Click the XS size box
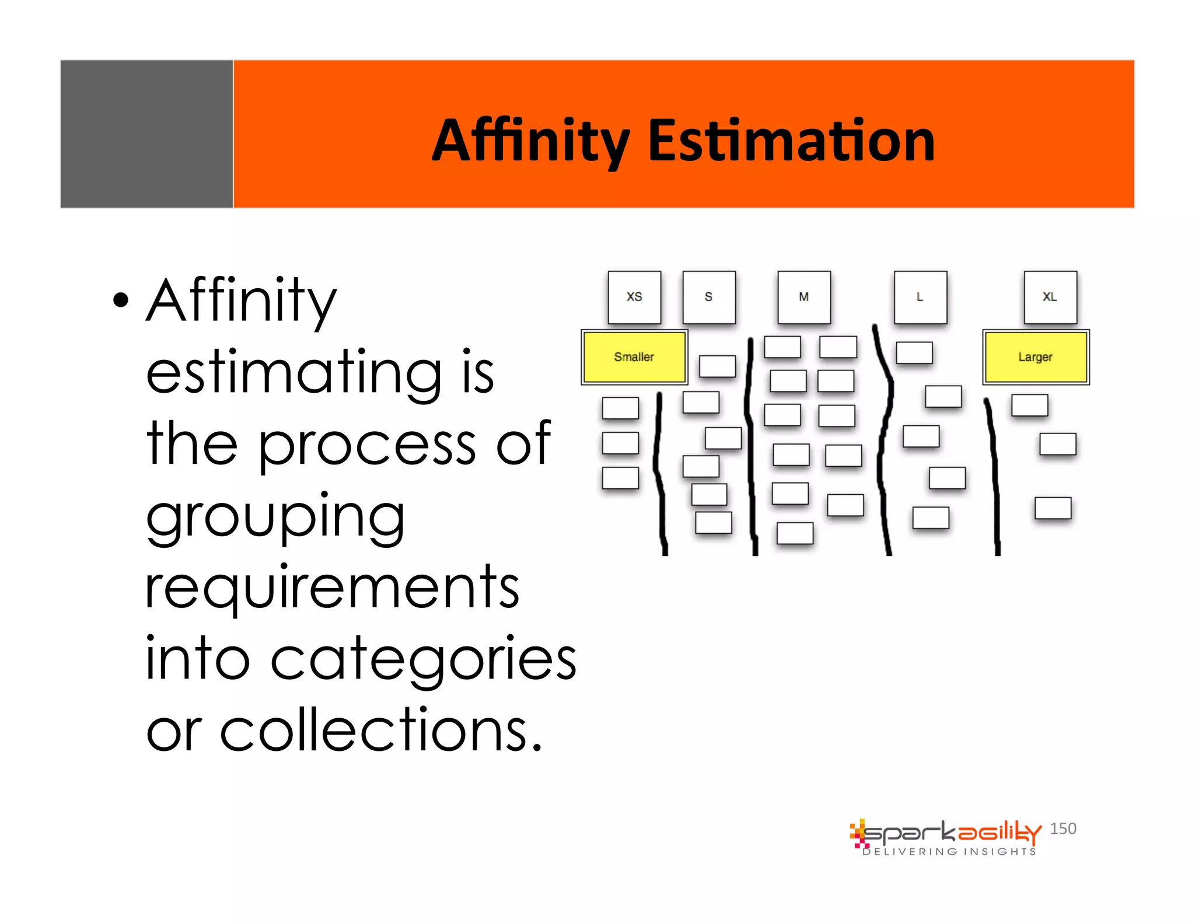634,297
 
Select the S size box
709,297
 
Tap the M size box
804,297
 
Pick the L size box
920,297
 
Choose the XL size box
1050,297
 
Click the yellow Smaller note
634,356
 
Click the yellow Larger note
1036,356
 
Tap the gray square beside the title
146,134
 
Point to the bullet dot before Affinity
121,300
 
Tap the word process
367,445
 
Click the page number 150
1063,828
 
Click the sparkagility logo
945,833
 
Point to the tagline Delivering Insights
949,852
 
